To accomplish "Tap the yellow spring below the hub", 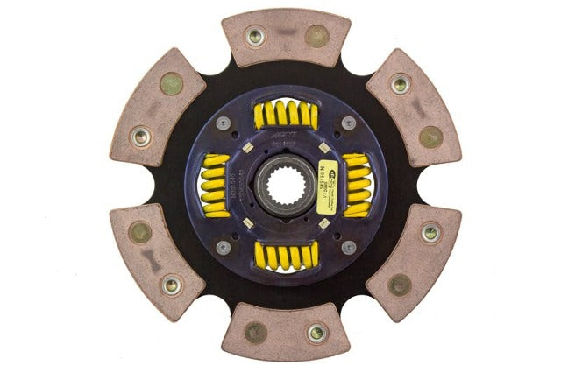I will pyautogui.click(x=285, y=255).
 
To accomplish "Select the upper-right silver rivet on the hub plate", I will pyautogui.click(x=349, y=123).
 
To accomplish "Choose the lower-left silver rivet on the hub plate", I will pyautogui.click(x=224, y=247).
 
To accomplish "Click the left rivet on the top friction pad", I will pyautogui.click(x=255, y=36).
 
